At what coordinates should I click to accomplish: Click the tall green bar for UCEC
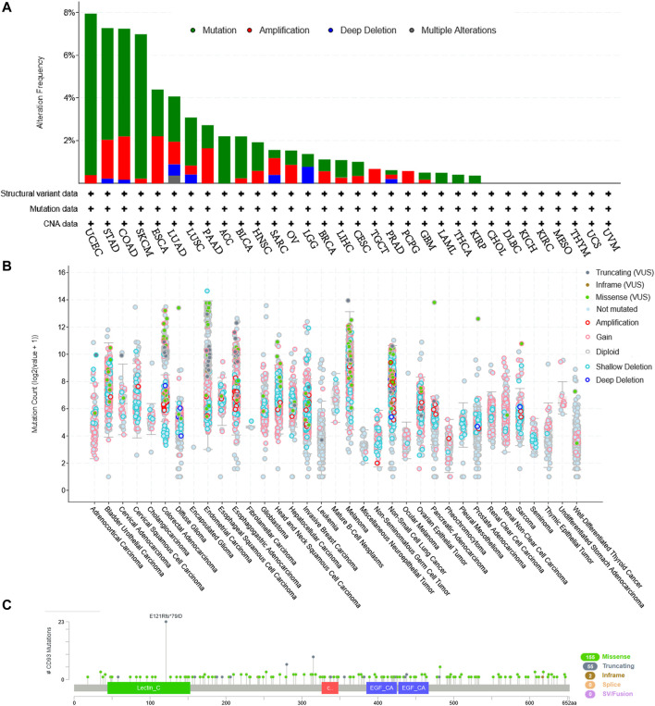pos(91,93)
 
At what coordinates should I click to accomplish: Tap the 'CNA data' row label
pos(61,222)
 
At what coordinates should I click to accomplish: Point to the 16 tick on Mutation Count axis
pos(63,273)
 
